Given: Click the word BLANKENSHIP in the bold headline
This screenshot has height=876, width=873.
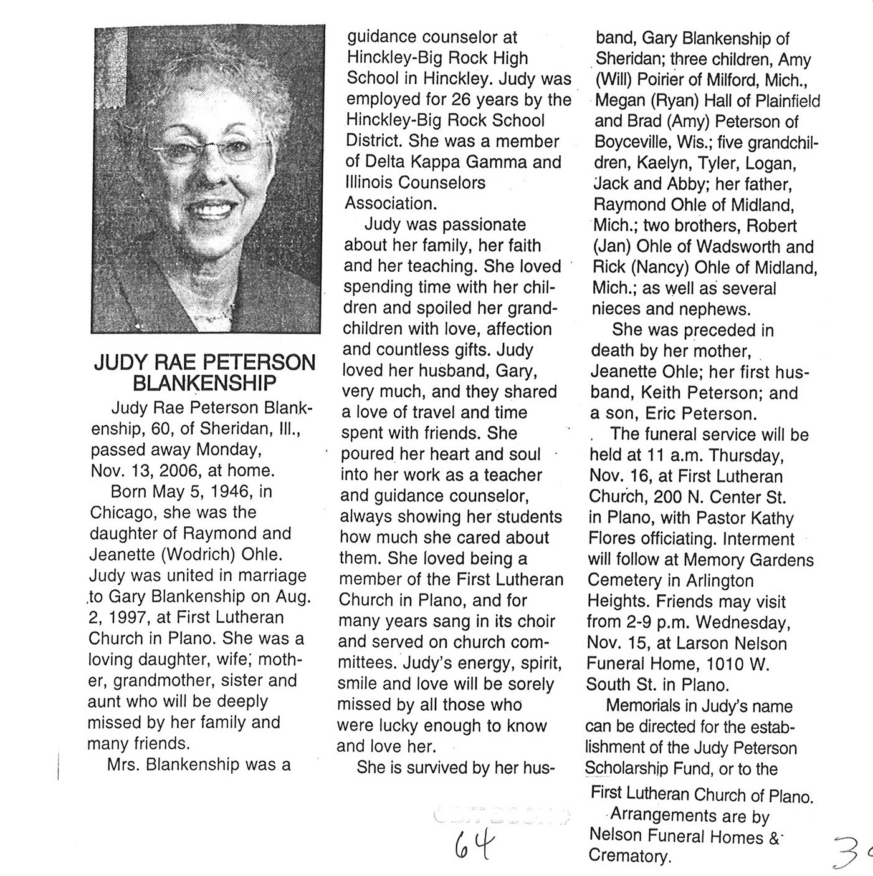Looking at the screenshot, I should [205, 382].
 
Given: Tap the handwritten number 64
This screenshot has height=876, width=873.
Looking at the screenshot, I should [474, 846].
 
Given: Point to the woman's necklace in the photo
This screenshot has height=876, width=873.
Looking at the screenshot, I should [218, 316].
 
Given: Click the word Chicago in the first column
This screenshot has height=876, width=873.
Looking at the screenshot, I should [120, 513].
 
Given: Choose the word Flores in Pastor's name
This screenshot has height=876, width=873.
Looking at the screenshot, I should [613, 539].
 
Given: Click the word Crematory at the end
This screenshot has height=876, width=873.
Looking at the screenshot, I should [629, 855].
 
